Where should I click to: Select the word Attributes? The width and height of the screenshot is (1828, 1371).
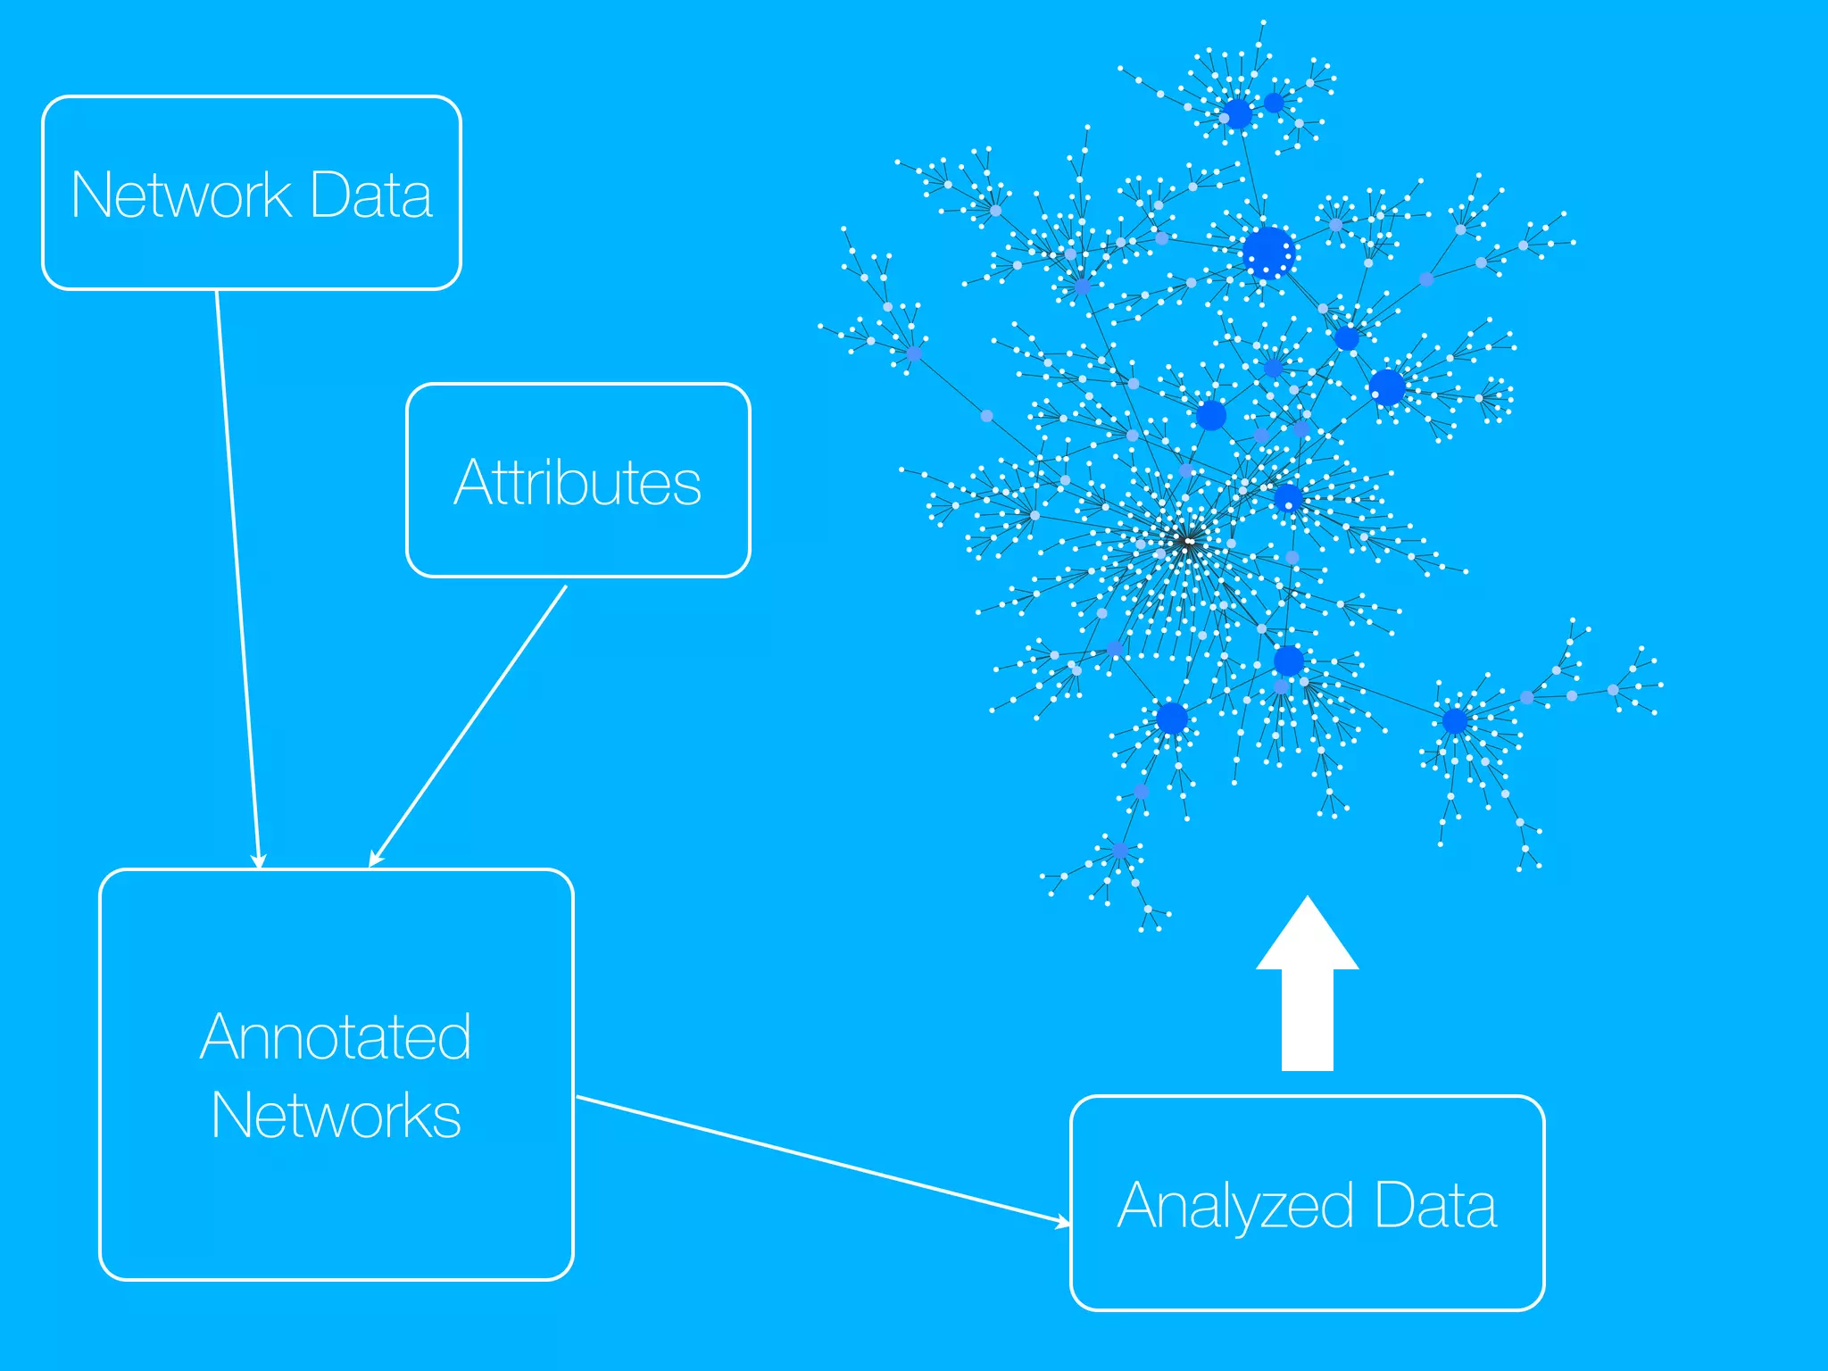[x=577, y=483]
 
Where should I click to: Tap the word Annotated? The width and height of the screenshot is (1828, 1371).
[x=336, y=1037]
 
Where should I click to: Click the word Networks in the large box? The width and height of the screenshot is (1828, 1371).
[x=336, y=1116]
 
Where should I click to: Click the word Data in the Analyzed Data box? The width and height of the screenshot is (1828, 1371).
[x=1435, y=1205]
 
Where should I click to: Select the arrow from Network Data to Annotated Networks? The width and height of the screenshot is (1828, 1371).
[x=237, y=580]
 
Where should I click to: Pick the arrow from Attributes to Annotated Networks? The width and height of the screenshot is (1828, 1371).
[x=469, y=725]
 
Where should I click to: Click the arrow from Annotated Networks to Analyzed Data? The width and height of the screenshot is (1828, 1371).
[x=821, y=1159]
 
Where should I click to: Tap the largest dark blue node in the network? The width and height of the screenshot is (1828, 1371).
[x=1267, y=253]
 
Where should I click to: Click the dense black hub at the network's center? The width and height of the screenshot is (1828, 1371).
[x=1187, y=541]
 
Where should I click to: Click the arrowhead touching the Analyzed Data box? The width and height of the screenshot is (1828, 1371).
[x=1063, y=1221]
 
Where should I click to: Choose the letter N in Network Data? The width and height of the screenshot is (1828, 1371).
[x=90, y=195]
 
